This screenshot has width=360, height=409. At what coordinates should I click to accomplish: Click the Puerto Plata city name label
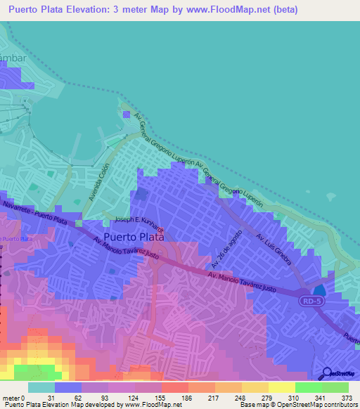pos(134,237)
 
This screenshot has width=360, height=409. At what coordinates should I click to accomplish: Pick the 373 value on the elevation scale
pos(346,397)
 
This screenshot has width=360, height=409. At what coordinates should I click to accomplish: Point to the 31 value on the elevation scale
pos(51,397)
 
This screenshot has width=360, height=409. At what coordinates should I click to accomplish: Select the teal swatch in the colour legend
pos(41,387)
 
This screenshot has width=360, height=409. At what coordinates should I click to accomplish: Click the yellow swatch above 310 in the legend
pos(282,387)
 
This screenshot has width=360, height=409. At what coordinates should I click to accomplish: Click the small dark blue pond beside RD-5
pos(319,290)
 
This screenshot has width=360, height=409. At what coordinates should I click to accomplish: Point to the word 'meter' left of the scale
pos(12,397)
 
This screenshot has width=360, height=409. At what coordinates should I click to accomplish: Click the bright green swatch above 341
pos(309,387)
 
